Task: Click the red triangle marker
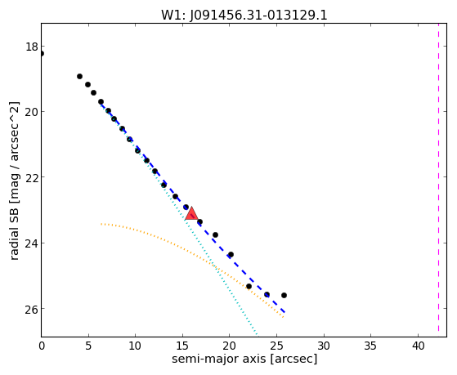click(x=191, y=214)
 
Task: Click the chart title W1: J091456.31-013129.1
click(x=244, y=16)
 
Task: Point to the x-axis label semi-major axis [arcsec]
click(x=244, y=359)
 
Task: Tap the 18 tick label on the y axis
click(x=32, y=47)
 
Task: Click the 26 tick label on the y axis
click(x=32, y=309)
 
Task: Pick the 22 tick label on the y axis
click(x=32, y=178)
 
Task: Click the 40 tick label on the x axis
click(x=418, y=346)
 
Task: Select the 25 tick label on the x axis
click(x=276, y=346)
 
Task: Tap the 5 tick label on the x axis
click(x=88, y=346)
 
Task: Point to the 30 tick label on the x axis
click(x=324, y=346)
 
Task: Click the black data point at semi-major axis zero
click(x=42, y=54)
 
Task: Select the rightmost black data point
click(x=284, y=296)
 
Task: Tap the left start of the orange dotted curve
click(x=101, y=224)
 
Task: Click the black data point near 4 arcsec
click(x=79, y=76)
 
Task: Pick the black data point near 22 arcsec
click(x=249, y=287)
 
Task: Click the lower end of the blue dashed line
click(x=285, y=313)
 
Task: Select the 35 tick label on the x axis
click(x=370, y=346)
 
